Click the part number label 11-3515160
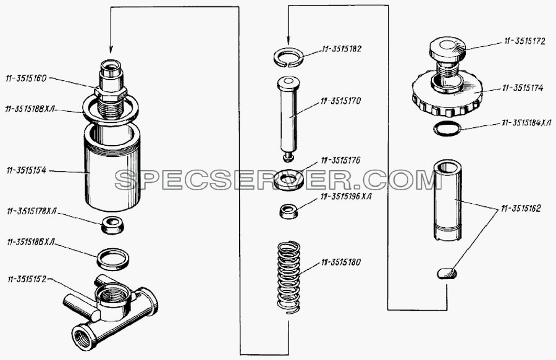coord(26,78)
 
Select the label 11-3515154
coord(26,171)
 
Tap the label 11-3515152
coord(27,279)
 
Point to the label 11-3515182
coord(342,49)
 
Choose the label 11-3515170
coord(340,101)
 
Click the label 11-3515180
coord(341,262)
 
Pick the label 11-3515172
coord(524,42)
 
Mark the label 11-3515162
coord(521,208)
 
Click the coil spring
coord(289,277)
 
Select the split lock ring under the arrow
coord(289,56)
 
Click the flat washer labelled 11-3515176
coord(289,180)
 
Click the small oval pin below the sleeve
coord(447,274)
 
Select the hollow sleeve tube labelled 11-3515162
coord(447,200)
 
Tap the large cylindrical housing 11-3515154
coord(113,167)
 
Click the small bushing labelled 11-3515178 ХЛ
coord(113,225)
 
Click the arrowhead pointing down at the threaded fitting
coord(111,49)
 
